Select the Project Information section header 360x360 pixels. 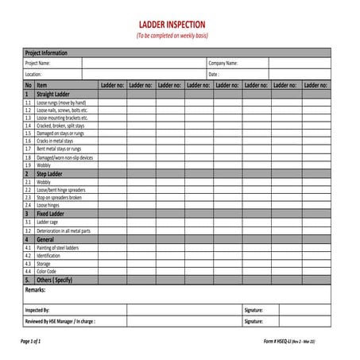coord(46,52)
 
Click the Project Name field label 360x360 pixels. coord(37,63)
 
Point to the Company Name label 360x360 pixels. coord(223,63)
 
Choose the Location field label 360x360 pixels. coord(33,74)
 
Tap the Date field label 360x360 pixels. coord(214,74)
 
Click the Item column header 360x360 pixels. coord(42,84)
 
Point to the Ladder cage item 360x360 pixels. coord(48,223)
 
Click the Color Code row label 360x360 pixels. coord(47,271)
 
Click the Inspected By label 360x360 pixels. coord(37,310)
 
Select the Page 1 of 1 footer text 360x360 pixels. coord(30,340)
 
